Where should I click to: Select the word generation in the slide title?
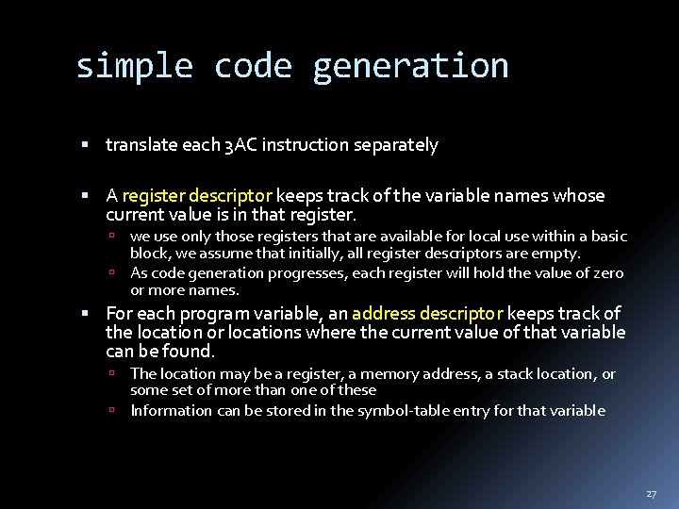coord(410,66)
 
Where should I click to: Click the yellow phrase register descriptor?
coord(197,196)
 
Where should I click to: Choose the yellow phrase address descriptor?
coord(427,314)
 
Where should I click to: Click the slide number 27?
coord(651,494)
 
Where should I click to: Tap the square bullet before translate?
coord(85,145)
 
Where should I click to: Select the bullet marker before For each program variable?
coord(85,314)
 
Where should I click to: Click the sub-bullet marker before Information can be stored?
coord(111,410)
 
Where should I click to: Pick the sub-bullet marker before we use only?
coord(111,237)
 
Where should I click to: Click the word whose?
coord(579,196)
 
